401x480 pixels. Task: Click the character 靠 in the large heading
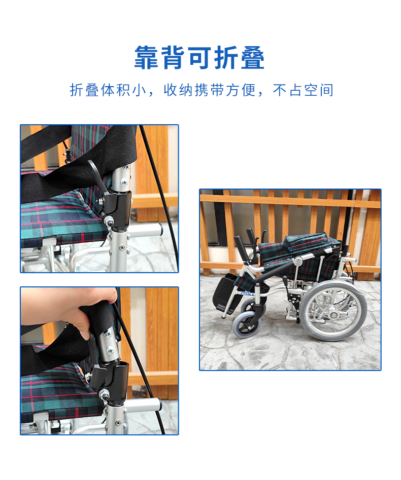[x=146, y=58]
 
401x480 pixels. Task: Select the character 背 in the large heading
[x=173, y=58]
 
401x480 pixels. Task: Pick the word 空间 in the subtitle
[x=319, y=90]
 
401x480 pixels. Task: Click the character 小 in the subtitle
[x=139, y=90]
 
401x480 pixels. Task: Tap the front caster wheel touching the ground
[x=246, y=325]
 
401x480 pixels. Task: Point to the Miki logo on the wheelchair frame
[x=248, y=293]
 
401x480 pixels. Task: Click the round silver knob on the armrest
[x=297, y=261]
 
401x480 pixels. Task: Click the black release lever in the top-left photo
[x=98, y=177]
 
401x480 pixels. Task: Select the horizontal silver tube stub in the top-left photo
[x=145, y=230]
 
